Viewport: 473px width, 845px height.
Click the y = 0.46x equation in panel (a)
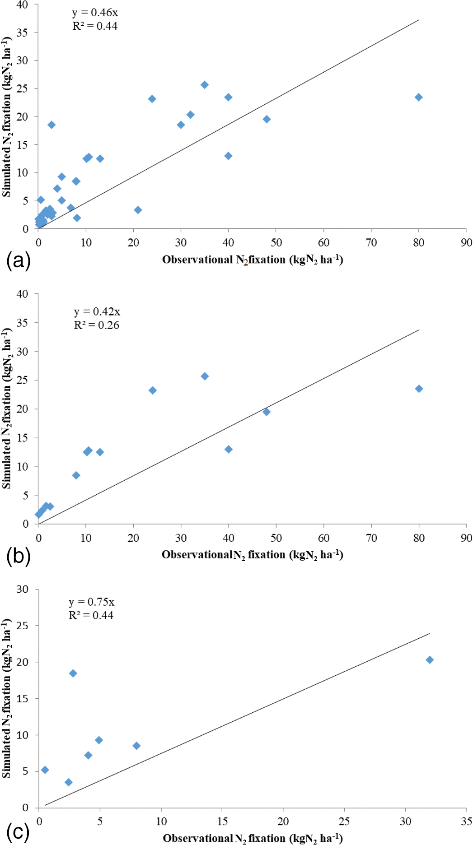click(x=95, y=13)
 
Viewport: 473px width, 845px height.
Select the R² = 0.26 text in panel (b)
click(x=97, y=325)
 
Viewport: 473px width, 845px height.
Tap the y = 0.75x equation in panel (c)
click(x=91, y=602)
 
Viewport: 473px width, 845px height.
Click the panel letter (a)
click(x=18, y=261)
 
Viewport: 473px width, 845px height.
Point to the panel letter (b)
click(x=18, y=556)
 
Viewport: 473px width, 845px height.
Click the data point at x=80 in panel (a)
click(x=418, y=97)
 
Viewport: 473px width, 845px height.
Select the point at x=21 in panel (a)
click(x=138, y=210)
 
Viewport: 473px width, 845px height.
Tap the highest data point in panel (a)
click(x=204, y=85)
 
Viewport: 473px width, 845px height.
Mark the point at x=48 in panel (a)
click(x=267, y=119)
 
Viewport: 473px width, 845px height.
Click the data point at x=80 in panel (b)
click(x=419, y=389)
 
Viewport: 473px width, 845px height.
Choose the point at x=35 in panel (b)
click(x=205, y=376)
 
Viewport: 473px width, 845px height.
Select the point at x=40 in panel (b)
click(x=229, y=449)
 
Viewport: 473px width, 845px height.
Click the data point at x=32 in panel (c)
click(x=430, y=660)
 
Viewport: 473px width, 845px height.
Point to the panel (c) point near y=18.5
click(x=73, y=673)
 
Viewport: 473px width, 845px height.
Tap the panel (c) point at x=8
click(x=136, y=746)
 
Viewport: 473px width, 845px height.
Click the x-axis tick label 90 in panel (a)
click(x=466, y=243)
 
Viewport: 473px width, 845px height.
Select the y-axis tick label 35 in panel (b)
click(x=22, y=323)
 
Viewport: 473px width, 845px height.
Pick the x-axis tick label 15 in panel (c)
click(x=222, y=821)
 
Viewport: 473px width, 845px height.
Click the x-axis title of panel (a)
click(x=253, y=260)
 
